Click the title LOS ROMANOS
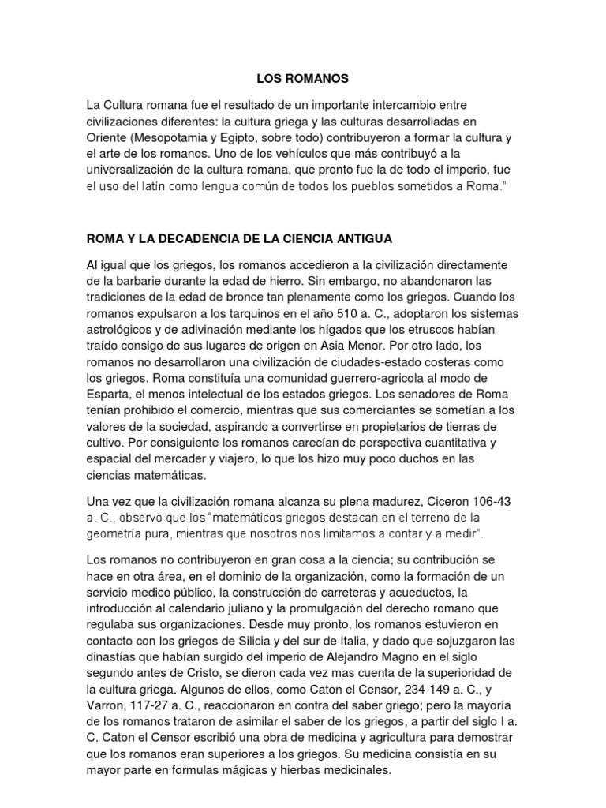(302, 79)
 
